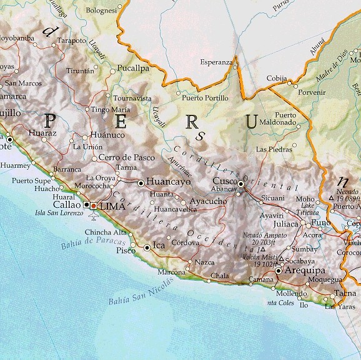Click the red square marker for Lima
(x=94, y=205)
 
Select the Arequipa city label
(x=305, y=271)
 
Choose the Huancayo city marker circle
(x=141, y=183)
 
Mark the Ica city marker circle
(x=147, y=247)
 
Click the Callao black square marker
(x=86, y=205)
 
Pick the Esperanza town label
(x=215, y=62)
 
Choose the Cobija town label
(x=277, y=78)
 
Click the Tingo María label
(x=111, y=109)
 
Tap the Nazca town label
(x=204, y=263)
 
